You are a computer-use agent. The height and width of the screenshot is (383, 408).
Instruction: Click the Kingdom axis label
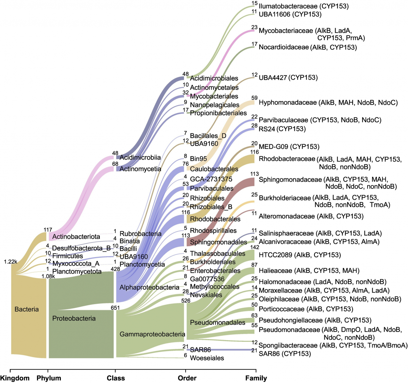coord(15,378)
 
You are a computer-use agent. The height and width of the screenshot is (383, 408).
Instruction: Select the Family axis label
coord(256,378)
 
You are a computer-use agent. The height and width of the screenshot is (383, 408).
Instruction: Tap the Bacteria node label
coord(27,309)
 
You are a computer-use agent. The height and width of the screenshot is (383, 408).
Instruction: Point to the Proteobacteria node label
coord(74,318)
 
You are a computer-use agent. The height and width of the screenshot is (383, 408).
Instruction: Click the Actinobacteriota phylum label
coord(76,236)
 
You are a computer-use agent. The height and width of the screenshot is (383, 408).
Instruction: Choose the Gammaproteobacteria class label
coord(152,334)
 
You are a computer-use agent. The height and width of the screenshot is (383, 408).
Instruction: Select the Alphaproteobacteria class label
coord(149,287)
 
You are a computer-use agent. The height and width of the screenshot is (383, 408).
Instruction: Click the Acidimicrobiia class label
coord(140,157)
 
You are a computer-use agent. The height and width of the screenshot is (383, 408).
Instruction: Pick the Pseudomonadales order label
coord(218,322)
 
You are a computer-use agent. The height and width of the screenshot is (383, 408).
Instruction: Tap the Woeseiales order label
coord(207,358)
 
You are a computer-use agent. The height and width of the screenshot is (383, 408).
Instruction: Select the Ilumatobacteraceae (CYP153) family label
coord(299,6)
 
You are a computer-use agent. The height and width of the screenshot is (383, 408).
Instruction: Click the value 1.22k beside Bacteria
coord(10,262)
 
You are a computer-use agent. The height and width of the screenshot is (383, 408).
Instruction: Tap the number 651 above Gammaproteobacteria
coord(115,308)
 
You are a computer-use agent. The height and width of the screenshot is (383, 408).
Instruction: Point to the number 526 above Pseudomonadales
coord(186,301)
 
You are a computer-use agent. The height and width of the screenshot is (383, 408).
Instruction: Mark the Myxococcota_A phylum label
coord(76,264)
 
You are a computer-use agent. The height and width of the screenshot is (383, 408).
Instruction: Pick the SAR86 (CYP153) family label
coord(285,354)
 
